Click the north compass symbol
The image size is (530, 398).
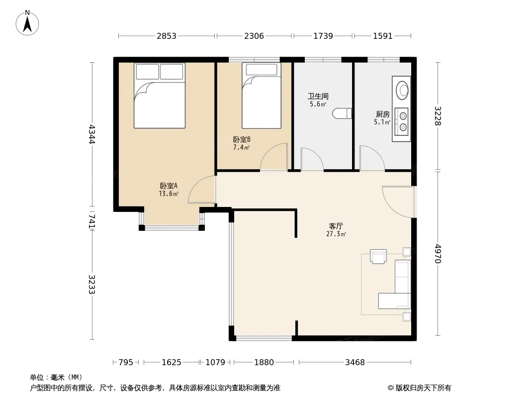[x=27, y=23]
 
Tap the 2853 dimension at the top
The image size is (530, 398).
[x=166, y=36]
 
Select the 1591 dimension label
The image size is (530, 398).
[x=383, y=36]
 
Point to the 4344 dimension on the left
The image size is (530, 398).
[x=92, y=135]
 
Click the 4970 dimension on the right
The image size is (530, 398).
[x=438, y=254]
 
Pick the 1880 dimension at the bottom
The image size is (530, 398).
[x=264, y=363]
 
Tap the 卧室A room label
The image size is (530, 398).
[x=169, y=186]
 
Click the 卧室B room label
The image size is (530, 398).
[x=241, y=139]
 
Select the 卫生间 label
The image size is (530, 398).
[x=318, y=97]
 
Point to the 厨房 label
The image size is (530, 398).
[x=382, y=114]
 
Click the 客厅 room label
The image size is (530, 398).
[x=336, y=226]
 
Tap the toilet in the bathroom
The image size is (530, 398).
[x=342, y=113]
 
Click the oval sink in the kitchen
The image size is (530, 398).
[x=402, y=90]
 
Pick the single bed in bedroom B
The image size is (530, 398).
[x=262, y=96]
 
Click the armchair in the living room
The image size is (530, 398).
[x=378, y=256]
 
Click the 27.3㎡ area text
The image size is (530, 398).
[x=336, y=234]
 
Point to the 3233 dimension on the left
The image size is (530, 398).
[x=92, y=285]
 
